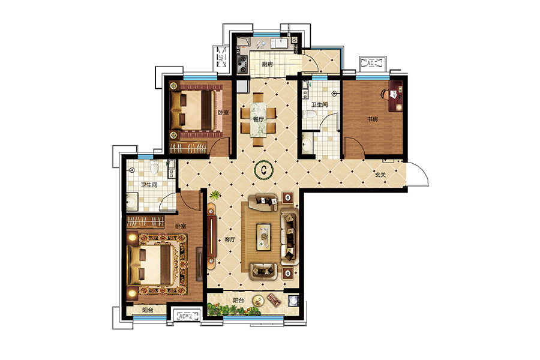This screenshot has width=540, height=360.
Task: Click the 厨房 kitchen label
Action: coord(267,64)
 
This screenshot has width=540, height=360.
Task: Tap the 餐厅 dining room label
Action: coord(258,119)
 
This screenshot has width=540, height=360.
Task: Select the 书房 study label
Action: coord(372,119)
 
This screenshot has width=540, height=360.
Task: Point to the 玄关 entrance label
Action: coord(380,175)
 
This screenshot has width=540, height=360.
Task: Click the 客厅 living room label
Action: coord(230,239)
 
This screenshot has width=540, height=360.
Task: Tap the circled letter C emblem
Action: coord(264,169)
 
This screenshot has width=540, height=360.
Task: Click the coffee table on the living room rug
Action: coord(264,237)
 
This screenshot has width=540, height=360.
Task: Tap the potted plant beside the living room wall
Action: coord(215,196)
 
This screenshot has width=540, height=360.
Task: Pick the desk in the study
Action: coord(396,97)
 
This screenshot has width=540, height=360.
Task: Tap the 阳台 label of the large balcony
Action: coord(238,301)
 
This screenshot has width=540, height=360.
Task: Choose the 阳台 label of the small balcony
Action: coord(148,310)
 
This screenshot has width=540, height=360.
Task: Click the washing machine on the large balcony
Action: coord(293,300)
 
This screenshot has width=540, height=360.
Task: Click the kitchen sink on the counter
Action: coord(280,43)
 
